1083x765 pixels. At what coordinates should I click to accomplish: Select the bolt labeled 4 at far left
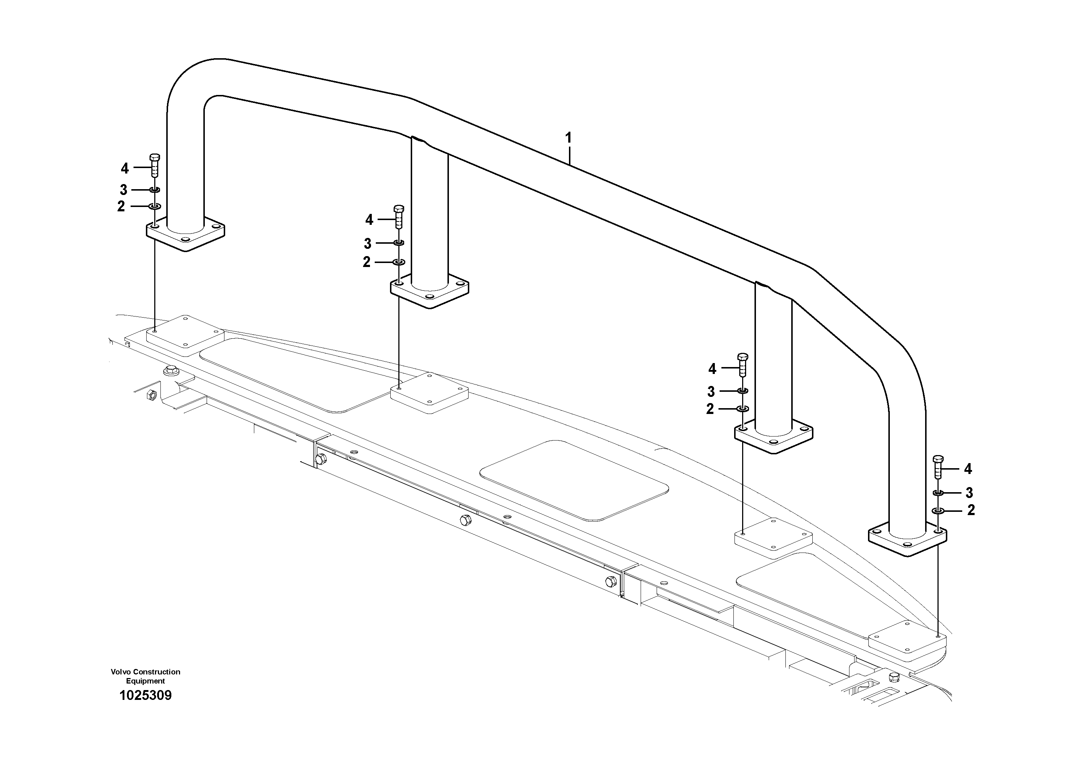(x=154, y=166)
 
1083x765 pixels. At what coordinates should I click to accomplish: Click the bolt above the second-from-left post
(x=399, y=217)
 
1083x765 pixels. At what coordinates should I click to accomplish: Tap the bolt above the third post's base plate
(x=742, y=364)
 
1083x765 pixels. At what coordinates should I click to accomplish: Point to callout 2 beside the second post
(x=366, y=262)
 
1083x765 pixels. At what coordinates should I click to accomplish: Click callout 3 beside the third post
(x=711, y=391)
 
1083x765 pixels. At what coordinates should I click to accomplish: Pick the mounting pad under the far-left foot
(x=185, y=336)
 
